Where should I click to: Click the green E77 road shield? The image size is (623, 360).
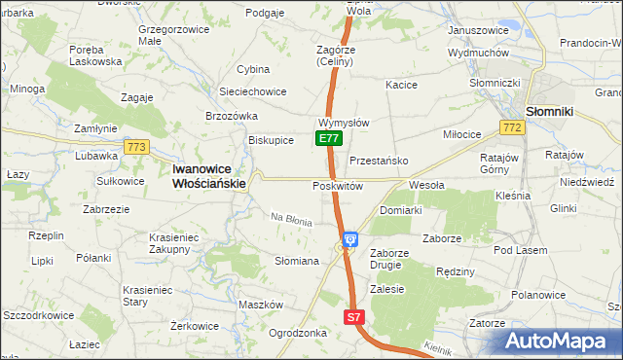[328, 139]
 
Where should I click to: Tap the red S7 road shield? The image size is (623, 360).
[355, 317]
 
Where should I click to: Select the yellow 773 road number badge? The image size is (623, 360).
[136, 147]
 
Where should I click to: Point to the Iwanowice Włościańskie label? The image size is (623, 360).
[209, 174]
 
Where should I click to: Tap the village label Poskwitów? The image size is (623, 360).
[338, 186]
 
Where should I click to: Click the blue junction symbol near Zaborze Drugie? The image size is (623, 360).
[350, 237]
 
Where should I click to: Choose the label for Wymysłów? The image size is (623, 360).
[343, 124]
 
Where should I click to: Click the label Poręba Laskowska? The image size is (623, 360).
[94, 54]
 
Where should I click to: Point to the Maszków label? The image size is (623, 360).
[259, 305]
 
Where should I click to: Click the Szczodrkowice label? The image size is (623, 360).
[39, 316]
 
